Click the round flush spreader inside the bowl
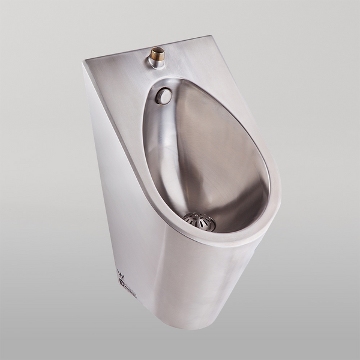(163, 95)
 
